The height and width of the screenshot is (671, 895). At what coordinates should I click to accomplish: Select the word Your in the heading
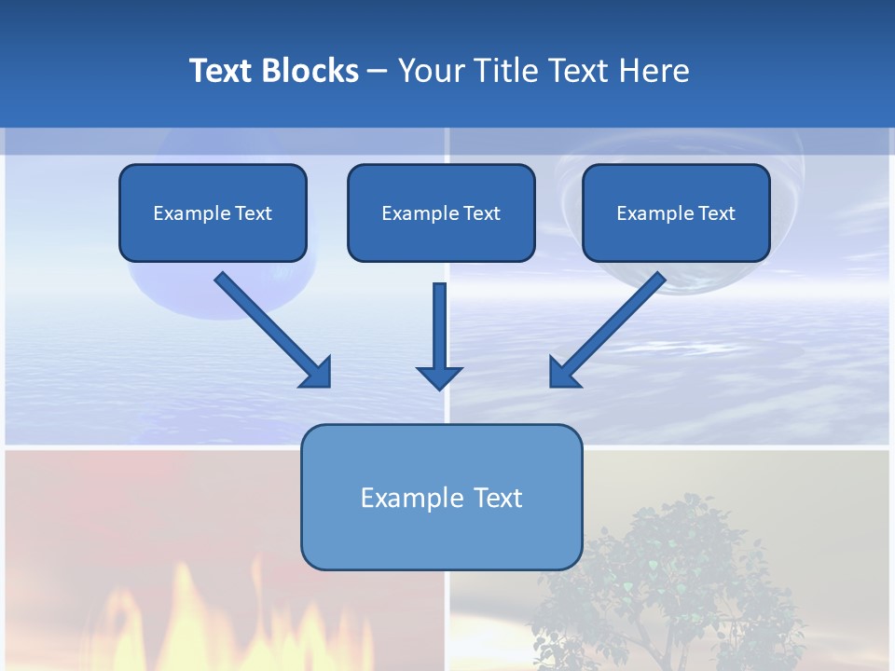tap(429, 71)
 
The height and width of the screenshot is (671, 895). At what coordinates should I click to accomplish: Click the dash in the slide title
tap(378, 72)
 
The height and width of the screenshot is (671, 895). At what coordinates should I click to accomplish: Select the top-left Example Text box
tap(213, 212)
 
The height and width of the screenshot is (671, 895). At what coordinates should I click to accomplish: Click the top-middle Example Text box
tap(441, 212)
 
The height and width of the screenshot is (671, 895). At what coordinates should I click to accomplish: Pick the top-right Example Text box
tap(676, 212)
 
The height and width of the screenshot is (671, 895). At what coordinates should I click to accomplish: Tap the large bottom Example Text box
tap(441, 497)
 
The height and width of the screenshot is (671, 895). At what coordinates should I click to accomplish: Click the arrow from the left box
tap(270, 328)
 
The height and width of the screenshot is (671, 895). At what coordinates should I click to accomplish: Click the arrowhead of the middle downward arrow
tap(439, 377)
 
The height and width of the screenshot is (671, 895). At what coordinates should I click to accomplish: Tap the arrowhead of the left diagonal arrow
tap(317, 373)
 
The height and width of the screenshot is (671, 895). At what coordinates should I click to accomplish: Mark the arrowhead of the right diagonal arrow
tap(563, 373)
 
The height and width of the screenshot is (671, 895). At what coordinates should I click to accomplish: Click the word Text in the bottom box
tap(498, 498)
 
